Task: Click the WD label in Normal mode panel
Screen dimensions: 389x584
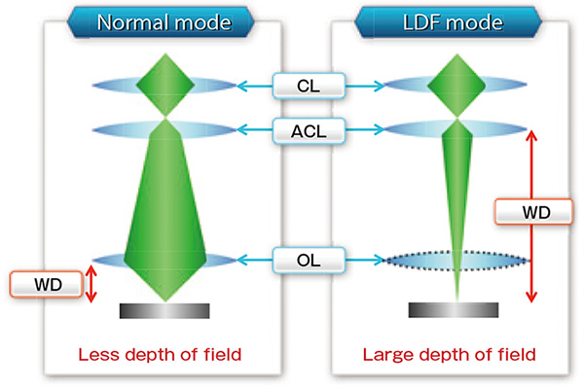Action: (x=45, y=285)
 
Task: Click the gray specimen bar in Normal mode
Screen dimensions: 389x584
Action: (x=164, y=311)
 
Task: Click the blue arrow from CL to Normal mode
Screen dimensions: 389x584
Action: (x=256, y=87)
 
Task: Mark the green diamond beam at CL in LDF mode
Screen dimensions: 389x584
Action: (x=456, y=86)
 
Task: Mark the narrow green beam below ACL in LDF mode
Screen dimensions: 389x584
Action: (x=456, y=194)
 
